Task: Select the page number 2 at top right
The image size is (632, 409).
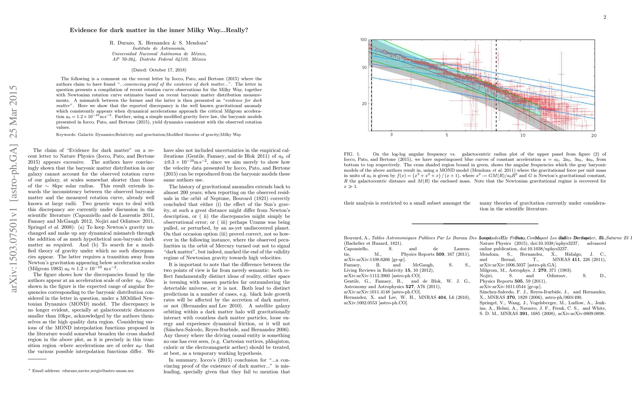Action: coord(605,17)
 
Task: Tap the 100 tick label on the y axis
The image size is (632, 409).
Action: coord(363,40)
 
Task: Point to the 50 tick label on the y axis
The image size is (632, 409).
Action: coord(364,67)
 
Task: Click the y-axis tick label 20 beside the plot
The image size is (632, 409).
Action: coord(364,104)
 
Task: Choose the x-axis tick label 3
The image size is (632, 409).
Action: coord(391,135)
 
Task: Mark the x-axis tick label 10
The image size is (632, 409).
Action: coord(523,135)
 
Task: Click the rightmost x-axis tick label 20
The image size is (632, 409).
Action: coord(594,135)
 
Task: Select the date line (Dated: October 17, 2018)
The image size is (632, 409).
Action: coord(159,70)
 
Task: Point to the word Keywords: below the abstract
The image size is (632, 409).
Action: coord(66,135)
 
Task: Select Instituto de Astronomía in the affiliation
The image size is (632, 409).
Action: coord(159,48)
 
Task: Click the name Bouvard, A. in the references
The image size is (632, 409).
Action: coord(357,238)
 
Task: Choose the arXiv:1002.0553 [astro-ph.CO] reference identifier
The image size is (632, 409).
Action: coord(376,303)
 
